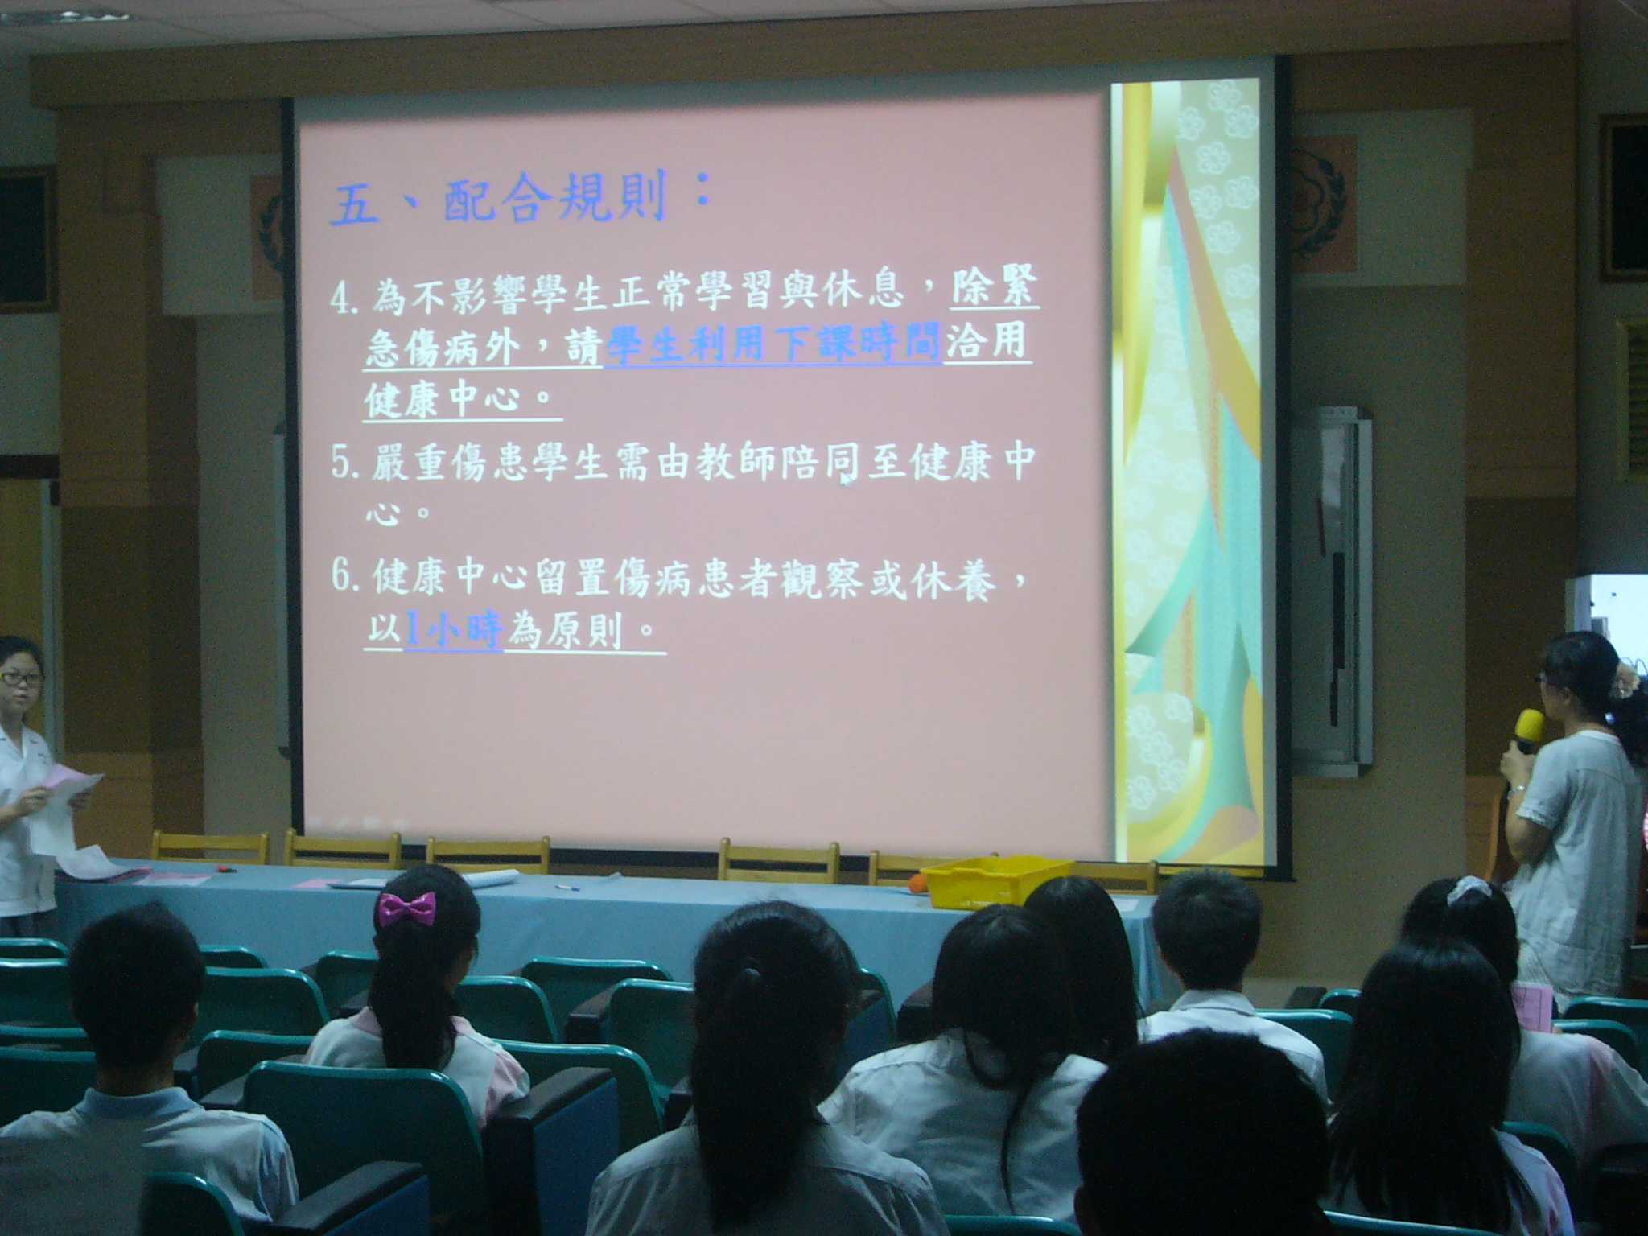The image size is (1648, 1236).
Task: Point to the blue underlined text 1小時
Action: pyautogui.click(x=454, y=632)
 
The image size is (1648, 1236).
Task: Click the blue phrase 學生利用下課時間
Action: pyautogui.click(x=774, y=348)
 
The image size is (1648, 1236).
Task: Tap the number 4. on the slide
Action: pyautogui.click(x=346, y=298)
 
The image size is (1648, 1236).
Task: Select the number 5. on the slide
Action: pyautogui.click(x=346, y=467)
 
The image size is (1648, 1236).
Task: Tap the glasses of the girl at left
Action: pyautogui.click(x=21, y=678)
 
